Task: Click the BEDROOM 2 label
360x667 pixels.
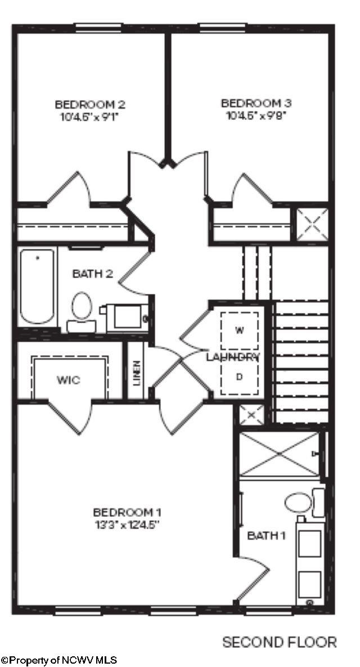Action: click(x=89, y=104)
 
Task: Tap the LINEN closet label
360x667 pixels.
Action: click(x=137, y=372)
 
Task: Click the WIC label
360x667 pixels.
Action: click(x=68, y=380)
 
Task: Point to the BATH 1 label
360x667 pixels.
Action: click(x=266, y=535)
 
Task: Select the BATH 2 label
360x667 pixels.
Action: click(x=93, y=274)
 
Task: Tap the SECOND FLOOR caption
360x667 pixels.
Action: click(x=280, y=642)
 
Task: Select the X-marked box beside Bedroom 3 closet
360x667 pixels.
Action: click(x=312, y=224)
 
